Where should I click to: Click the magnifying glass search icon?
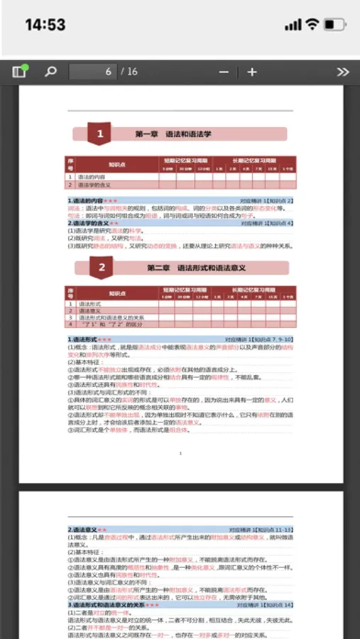[50, 72]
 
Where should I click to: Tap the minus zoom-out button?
[224, 72]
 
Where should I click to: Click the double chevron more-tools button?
[343, 72]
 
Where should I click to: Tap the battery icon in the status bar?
[333, 25]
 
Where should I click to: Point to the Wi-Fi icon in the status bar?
[312, 25]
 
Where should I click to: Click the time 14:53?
[45, 25]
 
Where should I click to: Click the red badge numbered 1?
[100, 133]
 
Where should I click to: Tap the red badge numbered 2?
[102, 268]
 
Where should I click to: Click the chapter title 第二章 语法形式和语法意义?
[196, 268]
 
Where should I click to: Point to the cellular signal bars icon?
[293, 25]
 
